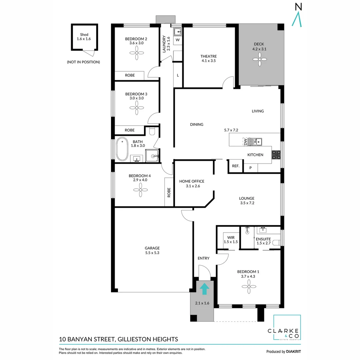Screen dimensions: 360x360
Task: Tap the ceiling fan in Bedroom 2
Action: tap(137, 53)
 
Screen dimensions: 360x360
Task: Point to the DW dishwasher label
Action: tap(245, 142)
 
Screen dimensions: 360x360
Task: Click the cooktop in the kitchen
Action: tap(276, 155)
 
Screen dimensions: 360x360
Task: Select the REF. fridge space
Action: tap(236, 166)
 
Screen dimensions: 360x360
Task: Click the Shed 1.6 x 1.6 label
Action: tap(84, 37)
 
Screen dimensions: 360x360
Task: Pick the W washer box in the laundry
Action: tap(178, 40)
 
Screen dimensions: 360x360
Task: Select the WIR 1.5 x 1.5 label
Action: tap(231, 240)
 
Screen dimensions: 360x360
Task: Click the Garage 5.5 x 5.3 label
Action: tap(152, 250)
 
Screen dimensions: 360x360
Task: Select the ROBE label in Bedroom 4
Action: tap(169, 192)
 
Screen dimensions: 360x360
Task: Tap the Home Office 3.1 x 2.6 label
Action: tap(192, 184)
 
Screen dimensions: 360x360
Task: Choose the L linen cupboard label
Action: tap(178, 75)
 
